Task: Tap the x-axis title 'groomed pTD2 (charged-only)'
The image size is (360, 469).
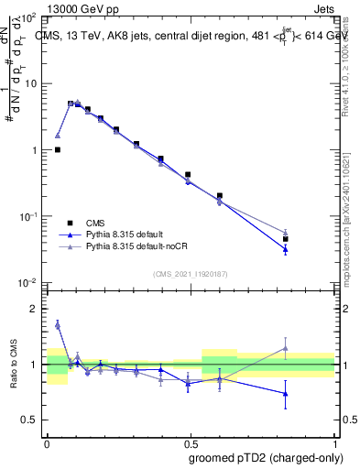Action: tap(266, 458)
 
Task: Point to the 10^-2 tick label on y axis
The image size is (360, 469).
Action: tap(27, 281)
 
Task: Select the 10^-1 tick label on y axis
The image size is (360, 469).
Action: tap(27, 215)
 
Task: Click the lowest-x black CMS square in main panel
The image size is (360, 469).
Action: tap(58, 149)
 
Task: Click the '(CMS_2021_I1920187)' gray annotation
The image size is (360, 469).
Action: tap(190, 274)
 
